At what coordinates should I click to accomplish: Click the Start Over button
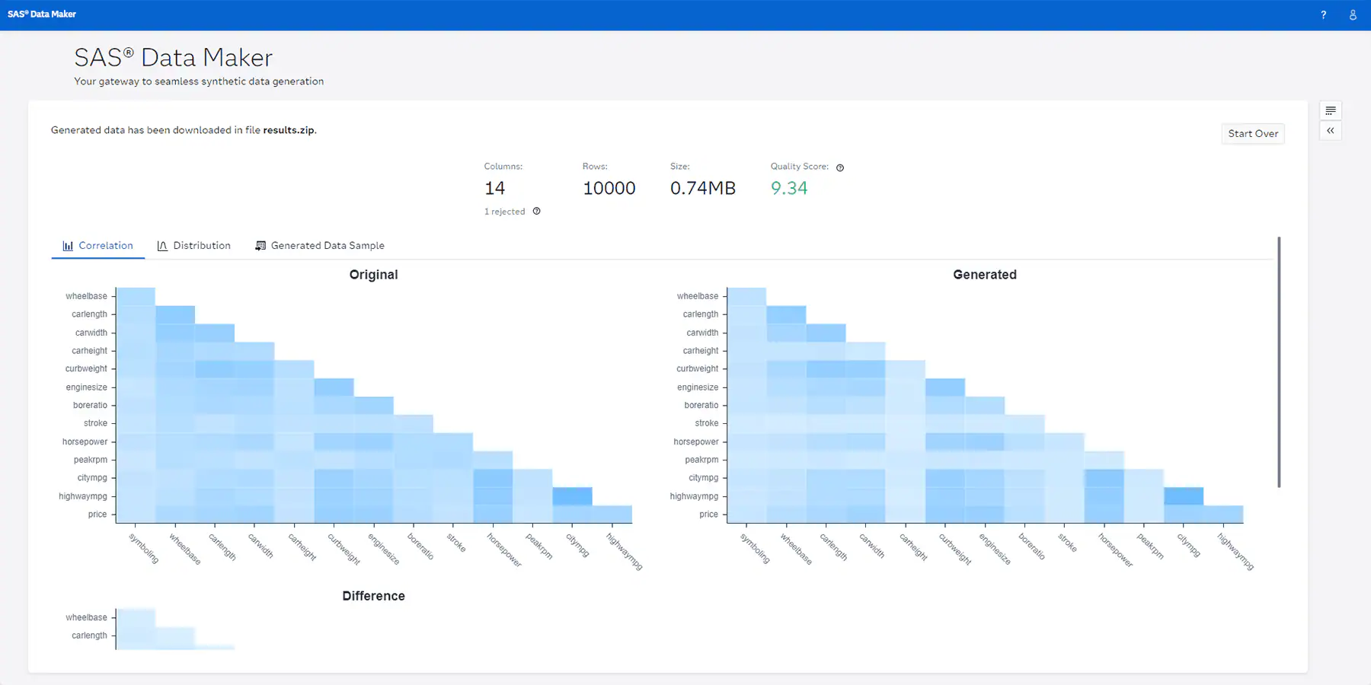click(1253, 134)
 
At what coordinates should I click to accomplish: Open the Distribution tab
click(193, 246)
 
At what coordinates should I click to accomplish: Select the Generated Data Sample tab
click(319, 246)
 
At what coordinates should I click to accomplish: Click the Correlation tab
click(97, 246)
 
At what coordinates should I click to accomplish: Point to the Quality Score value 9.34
click(789, 188)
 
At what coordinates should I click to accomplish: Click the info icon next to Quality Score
click(840, 167)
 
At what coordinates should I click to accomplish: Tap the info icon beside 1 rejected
click(537, 212)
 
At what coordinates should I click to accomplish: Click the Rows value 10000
click(609, 188)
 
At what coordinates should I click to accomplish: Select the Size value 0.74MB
click(703, 188)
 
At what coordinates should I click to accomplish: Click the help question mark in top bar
click(1324, 14)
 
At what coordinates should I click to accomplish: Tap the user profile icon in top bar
click(1353, 14)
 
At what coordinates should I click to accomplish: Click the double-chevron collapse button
click(1331, 131)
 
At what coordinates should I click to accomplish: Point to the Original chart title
click(373, 275)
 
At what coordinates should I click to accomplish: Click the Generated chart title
click(985, 275)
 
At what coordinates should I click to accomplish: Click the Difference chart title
click(373, 596)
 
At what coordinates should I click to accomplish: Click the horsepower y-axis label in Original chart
click(85, 441)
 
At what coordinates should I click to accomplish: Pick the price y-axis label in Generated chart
click(709, 515)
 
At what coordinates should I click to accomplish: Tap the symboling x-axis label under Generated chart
click(755, 548)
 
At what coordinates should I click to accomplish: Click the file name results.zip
click(289, 130)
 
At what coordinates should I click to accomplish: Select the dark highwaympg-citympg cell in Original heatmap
click(573, 496)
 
